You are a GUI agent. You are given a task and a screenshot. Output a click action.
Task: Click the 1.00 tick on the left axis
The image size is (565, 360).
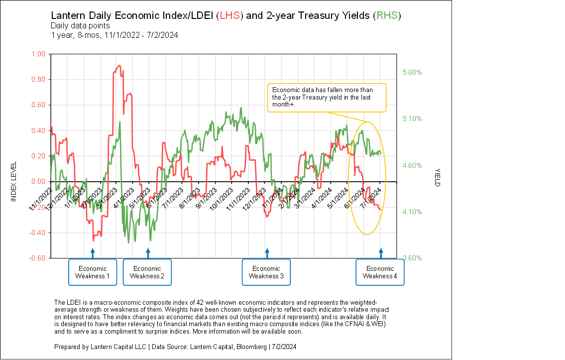click(x=38, y=54)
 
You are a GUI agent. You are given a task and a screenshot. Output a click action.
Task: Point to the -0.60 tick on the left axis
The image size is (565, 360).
click(x=37, y=258)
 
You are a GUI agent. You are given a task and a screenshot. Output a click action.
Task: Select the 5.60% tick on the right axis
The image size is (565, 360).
click(x=412, y=72)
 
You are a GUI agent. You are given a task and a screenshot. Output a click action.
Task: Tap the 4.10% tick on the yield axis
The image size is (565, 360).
click(x=412, y=212)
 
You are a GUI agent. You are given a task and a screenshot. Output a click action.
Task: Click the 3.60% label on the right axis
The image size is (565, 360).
click(x=412, y=258)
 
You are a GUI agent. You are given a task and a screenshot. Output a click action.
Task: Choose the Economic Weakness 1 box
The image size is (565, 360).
click(x=93, y=272)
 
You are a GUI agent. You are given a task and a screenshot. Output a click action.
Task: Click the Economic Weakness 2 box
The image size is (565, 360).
click(x=147, y=272)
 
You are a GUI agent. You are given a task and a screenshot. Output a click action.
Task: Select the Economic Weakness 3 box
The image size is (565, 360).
click(x=266, y=272)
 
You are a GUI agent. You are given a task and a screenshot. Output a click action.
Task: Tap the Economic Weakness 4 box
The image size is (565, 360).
click(x=380, y=272)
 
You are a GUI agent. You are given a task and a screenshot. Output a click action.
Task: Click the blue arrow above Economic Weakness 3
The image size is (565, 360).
click(x=267, y=253)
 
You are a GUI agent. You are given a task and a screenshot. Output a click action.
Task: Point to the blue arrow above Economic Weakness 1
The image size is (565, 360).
click(x=93, y=253)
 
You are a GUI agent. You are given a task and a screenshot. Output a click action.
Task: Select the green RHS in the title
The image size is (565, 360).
click(x=387, y=15)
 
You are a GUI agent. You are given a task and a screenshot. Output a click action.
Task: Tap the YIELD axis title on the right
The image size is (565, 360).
click(x=437, y=176)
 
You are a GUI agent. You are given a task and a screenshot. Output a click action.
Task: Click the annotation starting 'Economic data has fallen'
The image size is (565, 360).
click(x=327, y=97)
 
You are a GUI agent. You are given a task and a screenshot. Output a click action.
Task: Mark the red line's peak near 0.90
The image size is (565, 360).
click(x=118, y=66)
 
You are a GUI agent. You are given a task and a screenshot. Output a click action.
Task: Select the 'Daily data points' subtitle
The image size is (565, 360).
click(x=80, y=25)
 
